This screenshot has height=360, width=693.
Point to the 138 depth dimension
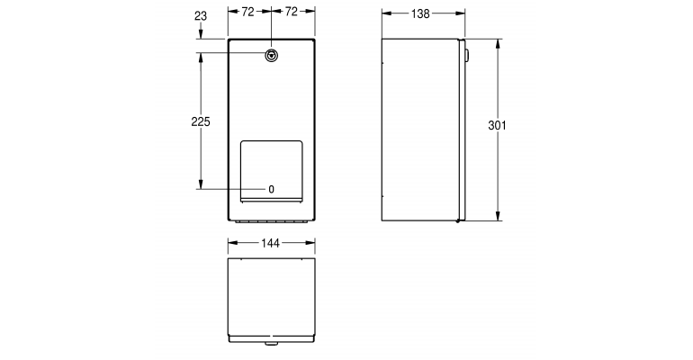click(x=419, y=14)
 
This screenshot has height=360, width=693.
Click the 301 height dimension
click(x=497, y=126)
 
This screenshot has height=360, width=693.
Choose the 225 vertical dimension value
click(x=201, y=122)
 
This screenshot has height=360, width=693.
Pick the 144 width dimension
click(x=271, y=243)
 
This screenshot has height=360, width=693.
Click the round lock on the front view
click(x=271, y=56)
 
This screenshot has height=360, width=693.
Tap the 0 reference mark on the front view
click(x=271, y=189)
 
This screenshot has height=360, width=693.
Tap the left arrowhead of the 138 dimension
click(x=385, y=14)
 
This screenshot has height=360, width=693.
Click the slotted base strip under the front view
click(x=271, y=219)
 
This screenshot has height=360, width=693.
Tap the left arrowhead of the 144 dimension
click(x=231, y=243)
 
